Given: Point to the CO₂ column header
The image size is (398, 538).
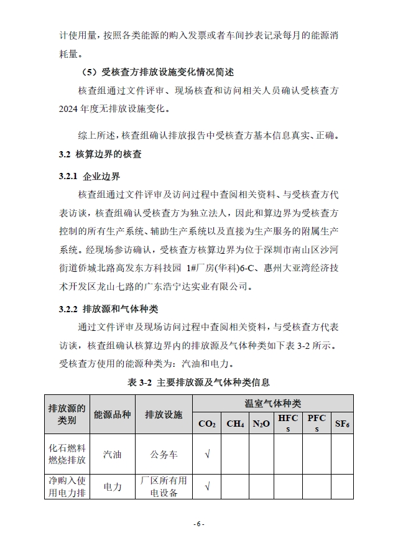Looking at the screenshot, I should coord(207,424).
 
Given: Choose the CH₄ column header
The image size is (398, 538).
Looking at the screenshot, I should coord(235,424).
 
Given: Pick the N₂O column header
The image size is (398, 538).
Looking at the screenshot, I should coord(261,424).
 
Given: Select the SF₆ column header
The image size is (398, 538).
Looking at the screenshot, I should coord(342,424).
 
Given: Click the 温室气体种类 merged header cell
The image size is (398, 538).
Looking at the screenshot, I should coord(273,403).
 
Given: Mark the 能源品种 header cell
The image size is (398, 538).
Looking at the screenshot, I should coord(113,414).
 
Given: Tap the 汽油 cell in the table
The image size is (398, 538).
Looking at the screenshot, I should coord(113,454).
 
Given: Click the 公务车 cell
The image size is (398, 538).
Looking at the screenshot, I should coord(164,454).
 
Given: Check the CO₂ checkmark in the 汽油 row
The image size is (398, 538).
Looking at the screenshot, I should coord(207,454).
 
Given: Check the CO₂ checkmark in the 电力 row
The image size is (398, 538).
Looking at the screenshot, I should coord(207,486).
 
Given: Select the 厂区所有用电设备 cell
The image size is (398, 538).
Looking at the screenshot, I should coord(164,486).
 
